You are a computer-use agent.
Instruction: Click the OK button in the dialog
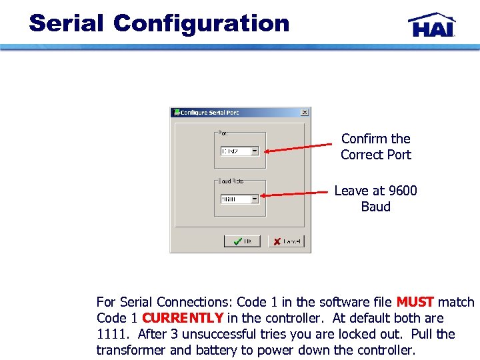point(241,241)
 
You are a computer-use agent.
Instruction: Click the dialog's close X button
point(305,113)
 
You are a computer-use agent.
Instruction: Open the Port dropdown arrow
point(255,151)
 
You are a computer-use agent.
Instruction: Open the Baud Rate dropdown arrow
point(254,199)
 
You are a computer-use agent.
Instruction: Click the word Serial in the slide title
point(66,23)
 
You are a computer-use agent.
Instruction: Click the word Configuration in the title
point(201,23)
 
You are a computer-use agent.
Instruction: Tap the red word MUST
point(415,302)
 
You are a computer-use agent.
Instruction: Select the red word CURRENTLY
point(183,318)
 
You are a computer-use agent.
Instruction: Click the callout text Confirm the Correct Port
point(375,147)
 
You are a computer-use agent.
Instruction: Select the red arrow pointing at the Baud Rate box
point(296,194)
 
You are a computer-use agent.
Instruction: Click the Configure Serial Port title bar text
point(209,113)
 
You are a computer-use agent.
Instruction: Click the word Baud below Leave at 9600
point(375,207)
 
